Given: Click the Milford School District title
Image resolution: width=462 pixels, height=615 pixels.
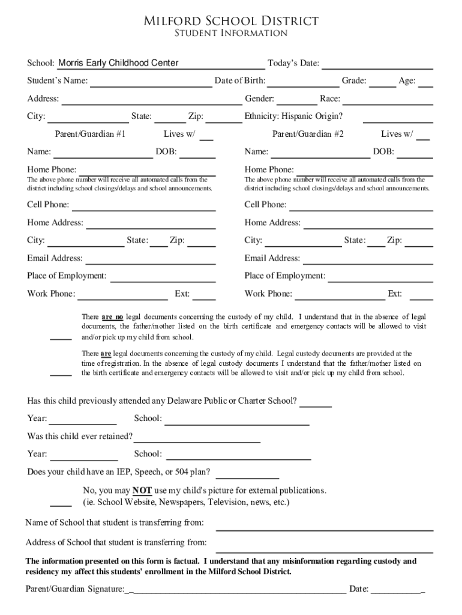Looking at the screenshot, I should [230, 22].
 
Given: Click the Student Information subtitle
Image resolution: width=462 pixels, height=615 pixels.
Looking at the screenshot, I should [230, 34].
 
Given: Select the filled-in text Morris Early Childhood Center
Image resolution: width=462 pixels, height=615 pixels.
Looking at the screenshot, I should [118, 63].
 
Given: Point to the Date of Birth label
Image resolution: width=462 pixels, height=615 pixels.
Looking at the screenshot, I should [240, 81].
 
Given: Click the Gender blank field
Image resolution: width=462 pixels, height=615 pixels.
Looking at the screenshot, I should [296, 100].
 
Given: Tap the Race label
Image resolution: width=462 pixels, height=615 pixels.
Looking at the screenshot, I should [330, 99].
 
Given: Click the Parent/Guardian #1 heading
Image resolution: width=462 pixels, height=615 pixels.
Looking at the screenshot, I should [90, 134].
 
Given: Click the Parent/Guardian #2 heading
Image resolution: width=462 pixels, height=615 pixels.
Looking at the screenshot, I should [308, 134].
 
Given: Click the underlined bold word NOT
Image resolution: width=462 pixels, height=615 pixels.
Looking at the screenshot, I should [142, 490].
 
